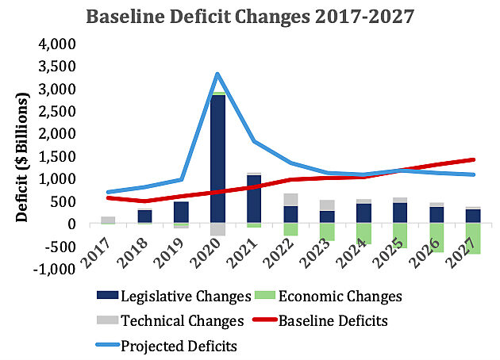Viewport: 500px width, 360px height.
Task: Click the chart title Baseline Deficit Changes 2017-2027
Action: coord(251,16)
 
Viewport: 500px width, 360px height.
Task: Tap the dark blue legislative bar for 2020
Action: coord(217,159)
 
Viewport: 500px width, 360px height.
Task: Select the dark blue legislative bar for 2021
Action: coord(254,198)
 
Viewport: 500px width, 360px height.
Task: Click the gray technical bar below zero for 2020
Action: coord(217,229)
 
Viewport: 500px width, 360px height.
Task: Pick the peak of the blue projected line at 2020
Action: coord(217,75)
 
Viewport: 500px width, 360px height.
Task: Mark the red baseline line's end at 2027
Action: coord(474,159)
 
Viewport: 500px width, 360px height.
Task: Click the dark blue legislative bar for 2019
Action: coord(181,213)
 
